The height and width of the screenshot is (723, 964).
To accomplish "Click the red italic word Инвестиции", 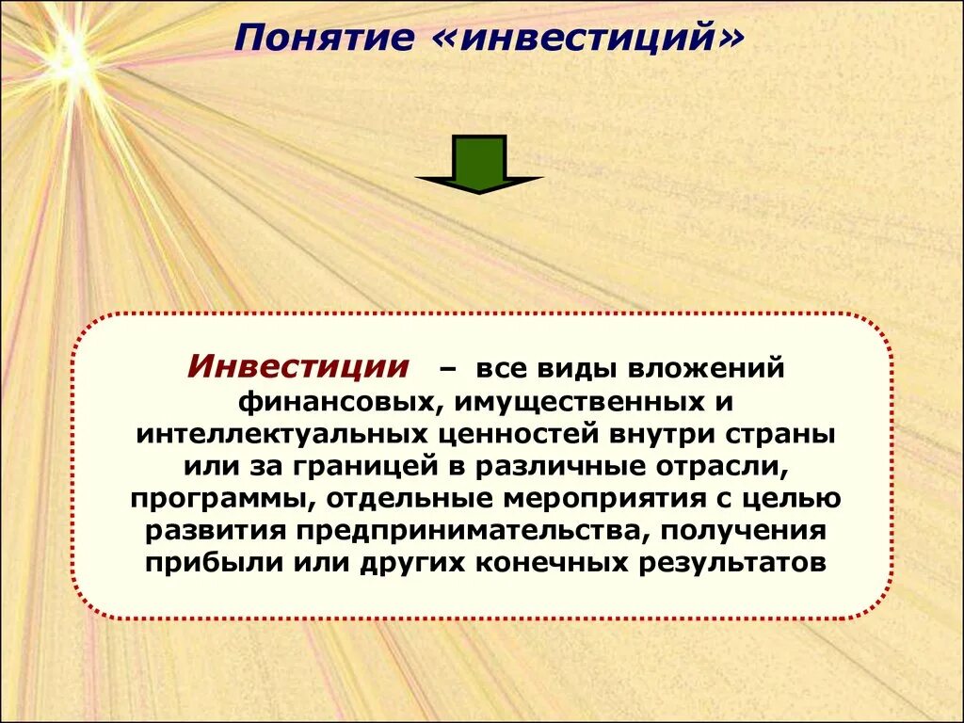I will click(x=298, y=366).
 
